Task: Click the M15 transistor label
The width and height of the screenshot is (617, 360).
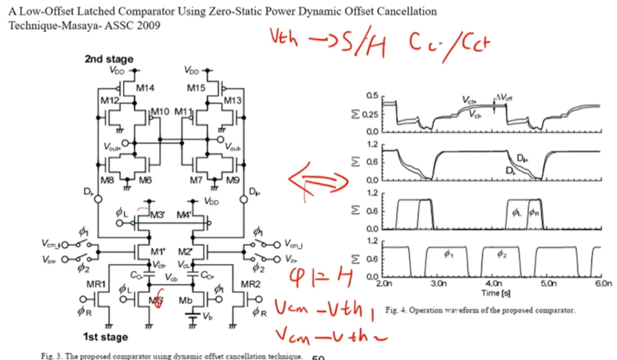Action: pos(196,88)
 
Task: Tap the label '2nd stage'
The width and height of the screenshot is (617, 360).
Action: pos(104,58)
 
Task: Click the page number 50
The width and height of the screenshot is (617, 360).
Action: pos(317,356)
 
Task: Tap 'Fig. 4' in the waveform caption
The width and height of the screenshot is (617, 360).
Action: pos(397,310)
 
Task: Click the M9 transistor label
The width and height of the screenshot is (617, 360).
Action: pos(231,177)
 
